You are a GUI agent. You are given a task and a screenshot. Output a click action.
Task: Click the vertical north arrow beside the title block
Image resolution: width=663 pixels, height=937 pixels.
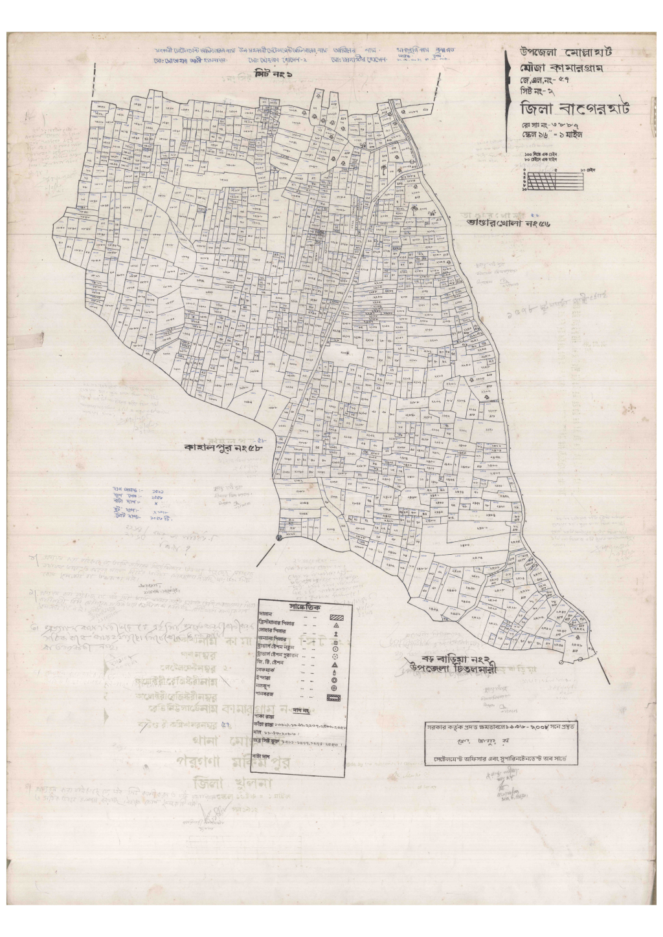pyautogui.click(x=507, y=103)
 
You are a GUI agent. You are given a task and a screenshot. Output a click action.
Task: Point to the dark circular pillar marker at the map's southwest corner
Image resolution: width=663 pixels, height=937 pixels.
pyautogui.click(x=280, y=537)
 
